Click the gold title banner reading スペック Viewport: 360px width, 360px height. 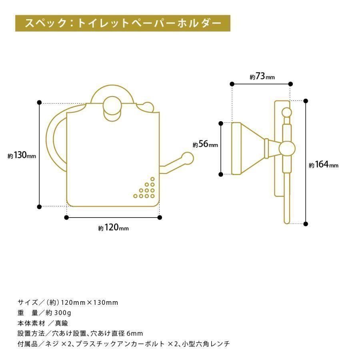123,23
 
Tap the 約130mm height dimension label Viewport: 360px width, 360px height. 22,156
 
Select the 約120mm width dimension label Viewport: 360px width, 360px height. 114,228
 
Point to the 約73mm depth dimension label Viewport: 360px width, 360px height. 262,76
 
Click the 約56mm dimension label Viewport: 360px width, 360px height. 205,144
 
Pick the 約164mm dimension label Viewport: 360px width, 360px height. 324,165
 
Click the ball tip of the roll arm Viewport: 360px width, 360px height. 188,158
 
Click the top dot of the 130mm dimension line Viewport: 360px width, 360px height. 40,102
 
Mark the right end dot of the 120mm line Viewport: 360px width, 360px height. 160,218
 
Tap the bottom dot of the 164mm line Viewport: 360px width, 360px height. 306,224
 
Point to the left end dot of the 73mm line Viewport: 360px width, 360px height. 232,84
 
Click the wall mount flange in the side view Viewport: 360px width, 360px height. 236,148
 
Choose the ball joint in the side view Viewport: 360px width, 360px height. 287,149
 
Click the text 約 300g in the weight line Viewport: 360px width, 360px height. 58,313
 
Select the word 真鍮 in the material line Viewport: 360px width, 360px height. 62,323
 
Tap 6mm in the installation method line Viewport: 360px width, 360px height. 135,333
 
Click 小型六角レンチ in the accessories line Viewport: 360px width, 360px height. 206,344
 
